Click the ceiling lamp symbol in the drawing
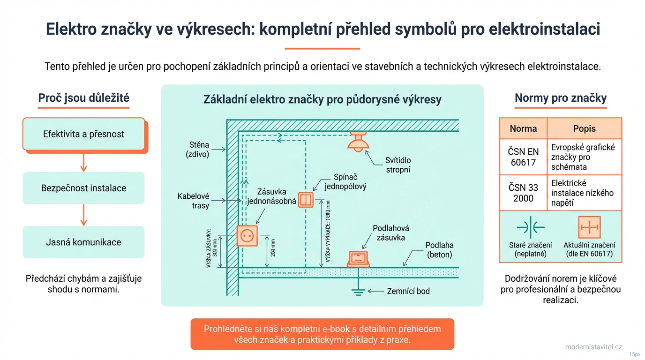point(359,141)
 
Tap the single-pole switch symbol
point(306,200)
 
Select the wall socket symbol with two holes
point(247,235)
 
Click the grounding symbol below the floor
point(358,291)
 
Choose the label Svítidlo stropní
point(398,165)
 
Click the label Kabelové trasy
point(193,201)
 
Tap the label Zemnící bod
point(408,291)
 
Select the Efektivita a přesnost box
point(84,134)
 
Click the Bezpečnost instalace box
point(84,188)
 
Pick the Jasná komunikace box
point(84,242)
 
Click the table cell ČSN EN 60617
point(523,157)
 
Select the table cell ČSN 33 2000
point(523,193)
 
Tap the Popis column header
point(584,128)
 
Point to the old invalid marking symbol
point(530,227)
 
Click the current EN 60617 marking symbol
point(589,227)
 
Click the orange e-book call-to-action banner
point(322,334)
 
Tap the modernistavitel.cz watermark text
point(593,347)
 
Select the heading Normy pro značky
point(561,98)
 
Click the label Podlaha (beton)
point(439,250)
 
